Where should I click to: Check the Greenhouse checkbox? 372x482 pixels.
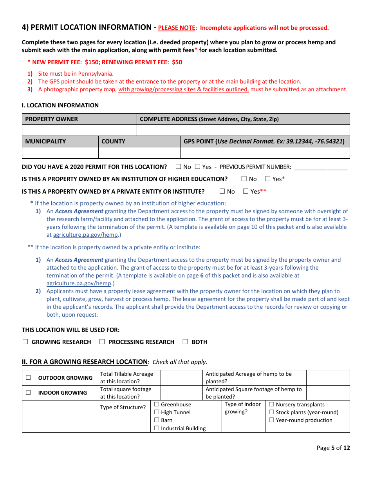pos(157,404)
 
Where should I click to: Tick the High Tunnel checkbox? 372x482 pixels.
pos(157,412)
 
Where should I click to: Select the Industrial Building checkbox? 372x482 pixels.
pos(157,428)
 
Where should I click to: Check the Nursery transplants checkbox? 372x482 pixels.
pos(272,404)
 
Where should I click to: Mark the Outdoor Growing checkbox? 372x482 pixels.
pos(28,378)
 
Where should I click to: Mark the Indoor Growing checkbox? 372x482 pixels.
pos(28,393)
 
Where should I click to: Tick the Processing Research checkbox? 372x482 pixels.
pos(102,342)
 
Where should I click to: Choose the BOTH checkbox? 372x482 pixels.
pos(185,342)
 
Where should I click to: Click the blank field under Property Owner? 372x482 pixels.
pos(79,130)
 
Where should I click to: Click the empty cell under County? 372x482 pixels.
pos(139,153)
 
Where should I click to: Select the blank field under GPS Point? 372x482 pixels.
pos(265,153)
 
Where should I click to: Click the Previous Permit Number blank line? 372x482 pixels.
pos(320,167)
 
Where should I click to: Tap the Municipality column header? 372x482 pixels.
pos(45,141)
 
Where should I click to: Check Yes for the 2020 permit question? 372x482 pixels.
pos(197,167)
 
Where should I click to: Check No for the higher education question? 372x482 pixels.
pos(244,179)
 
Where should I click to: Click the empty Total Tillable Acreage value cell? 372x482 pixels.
pos(182,378)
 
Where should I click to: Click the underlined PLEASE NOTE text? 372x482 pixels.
pos(177,28)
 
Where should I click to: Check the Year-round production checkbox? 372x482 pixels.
pos(272,420)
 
